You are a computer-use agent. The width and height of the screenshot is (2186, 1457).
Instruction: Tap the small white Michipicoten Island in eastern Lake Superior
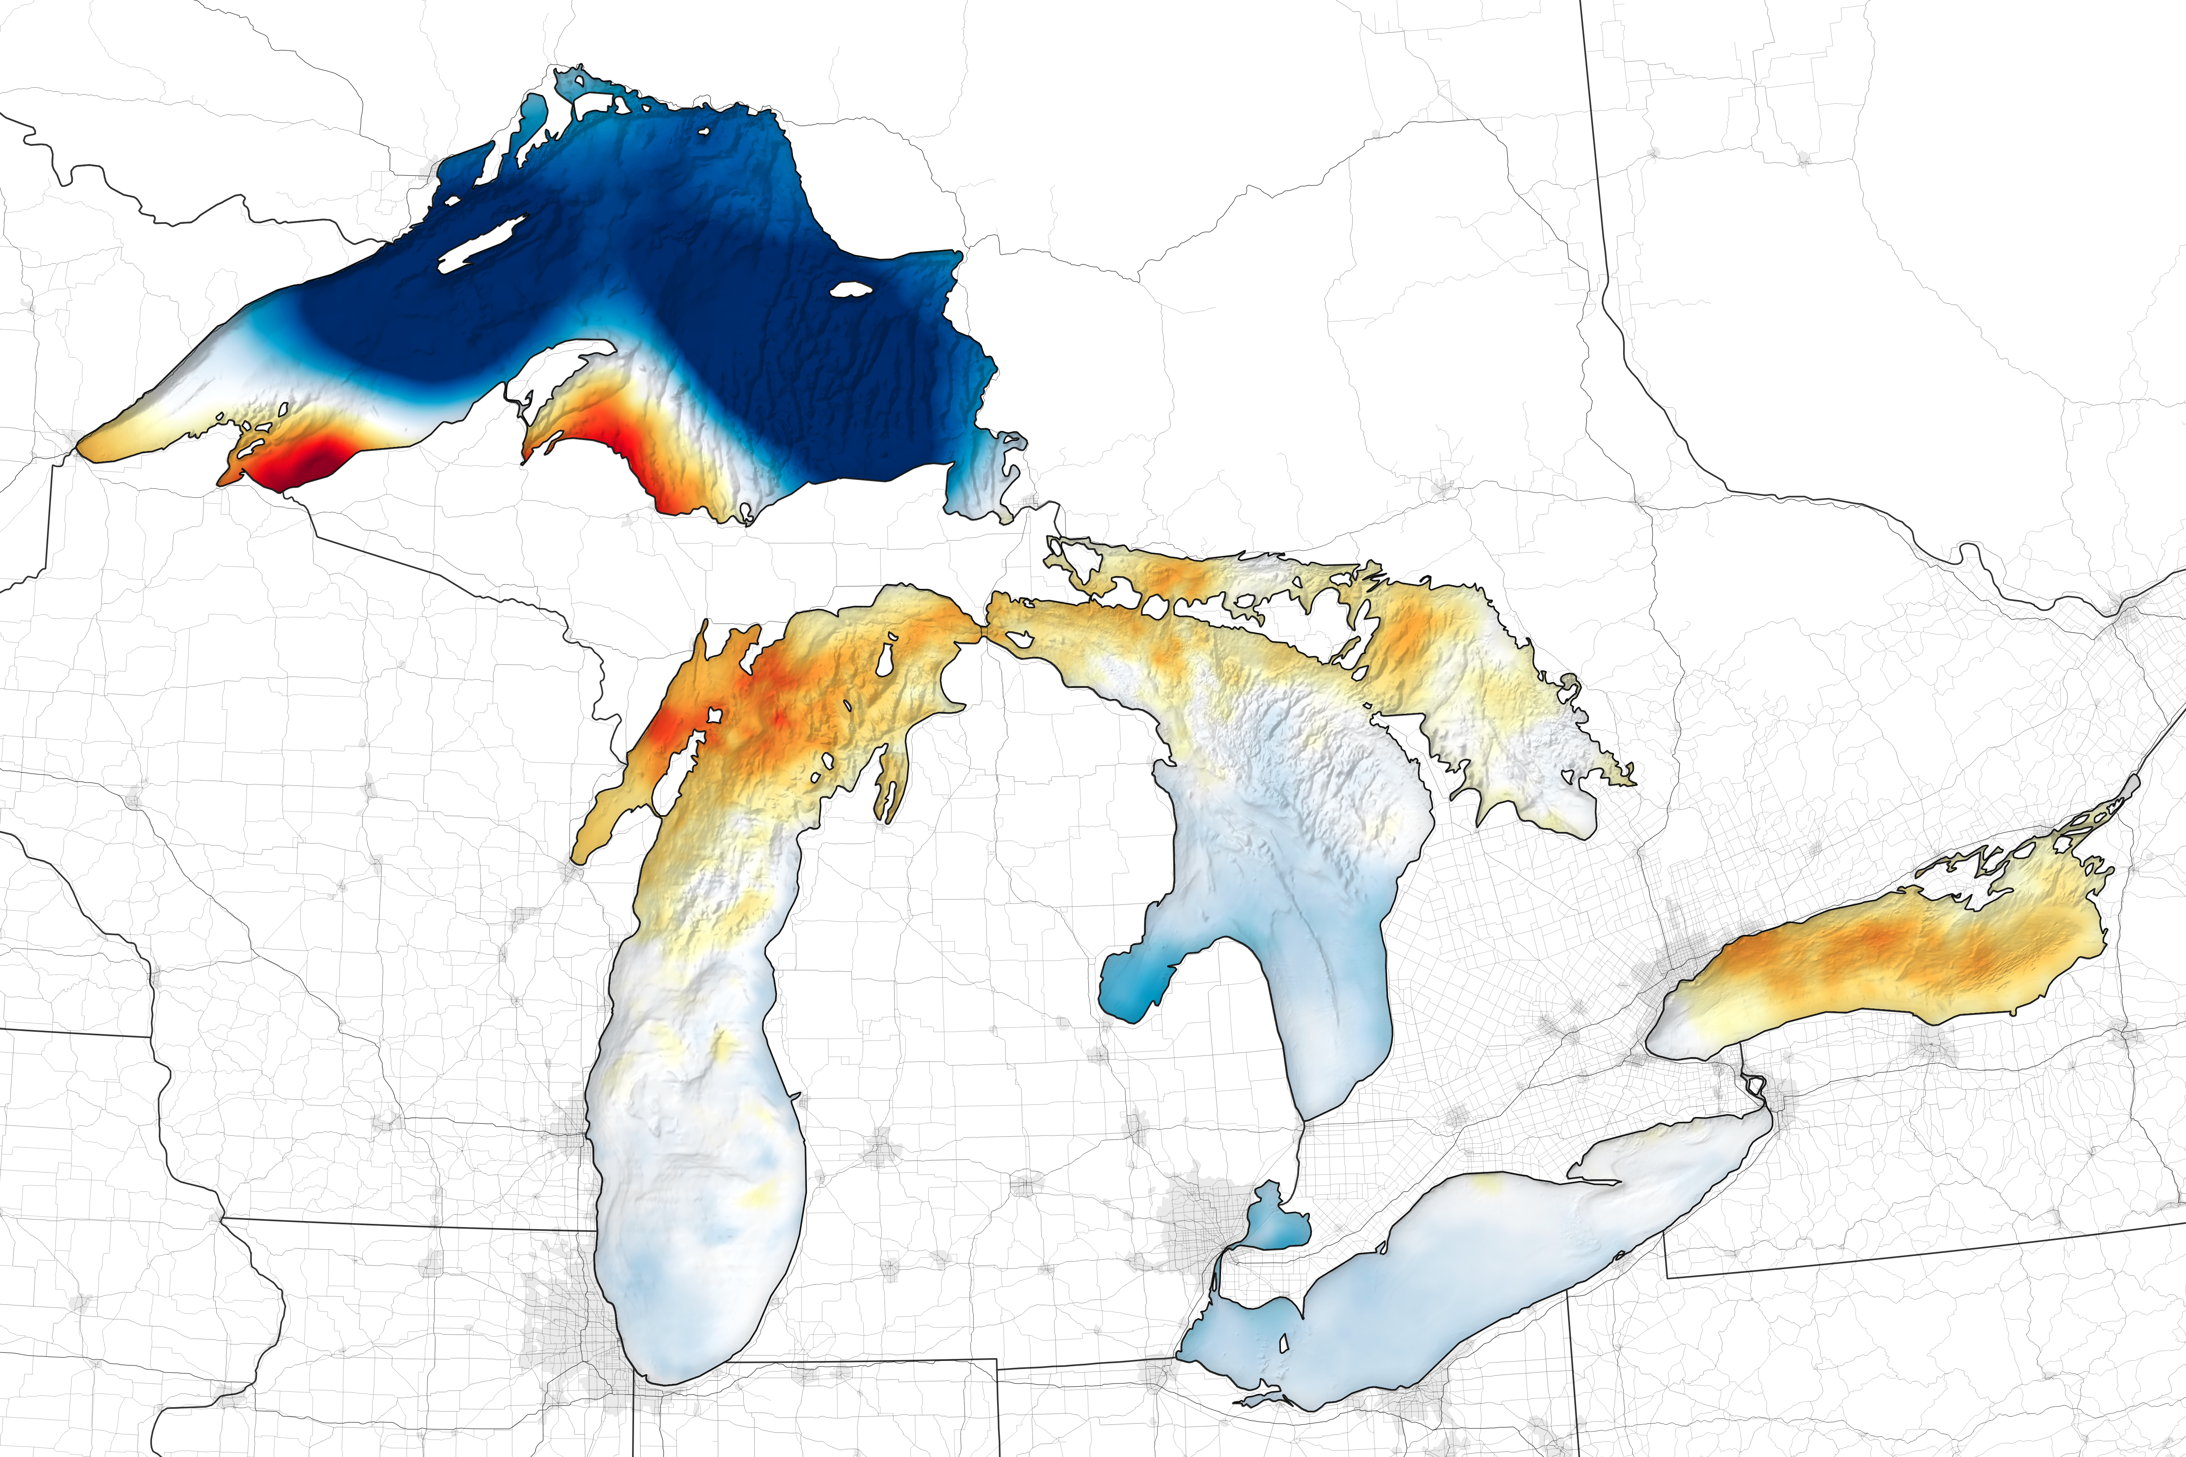pyautogui.click(x=850, y=290)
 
